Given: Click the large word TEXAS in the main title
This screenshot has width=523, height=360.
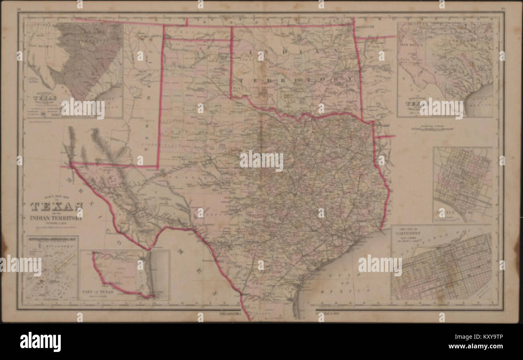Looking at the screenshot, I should (x=57, y=207).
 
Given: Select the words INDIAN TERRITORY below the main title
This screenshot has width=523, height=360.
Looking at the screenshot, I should (x=57, y=218).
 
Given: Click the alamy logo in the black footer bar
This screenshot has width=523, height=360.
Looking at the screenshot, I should (x=40, y=341).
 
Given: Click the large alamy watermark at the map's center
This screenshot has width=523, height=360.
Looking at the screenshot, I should (x=261, y=160).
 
